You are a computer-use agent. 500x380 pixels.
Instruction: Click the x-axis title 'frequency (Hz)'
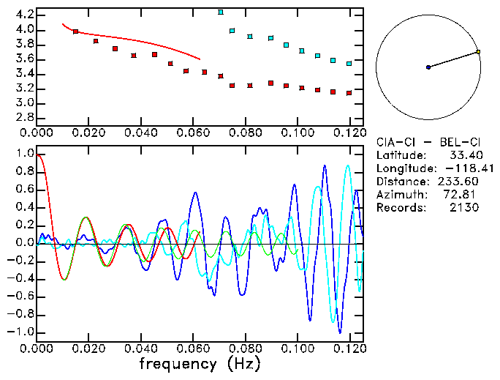tap(200, 363)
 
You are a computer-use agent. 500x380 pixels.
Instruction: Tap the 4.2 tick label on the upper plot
tap(24, 15)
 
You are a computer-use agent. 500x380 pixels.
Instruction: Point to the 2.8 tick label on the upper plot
tap(24, 117)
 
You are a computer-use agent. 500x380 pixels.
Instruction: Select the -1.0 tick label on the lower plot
tap(22, 332)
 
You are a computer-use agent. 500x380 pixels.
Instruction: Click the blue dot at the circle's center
tap(428, 67)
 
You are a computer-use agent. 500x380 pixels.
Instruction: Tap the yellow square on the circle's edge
tap(477, 52)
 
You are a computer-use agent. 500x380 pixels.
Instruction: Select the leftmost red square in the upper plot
tap(75, 31)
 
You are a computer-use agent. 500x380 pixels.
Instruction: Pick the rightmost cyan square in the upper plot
tap(349, 64)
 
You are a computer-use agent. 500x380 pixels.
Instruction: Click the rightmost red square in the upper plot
tap(349, 93)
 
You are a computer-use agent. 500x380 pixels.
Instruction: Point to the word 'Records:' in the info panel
tap(401, 207)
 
